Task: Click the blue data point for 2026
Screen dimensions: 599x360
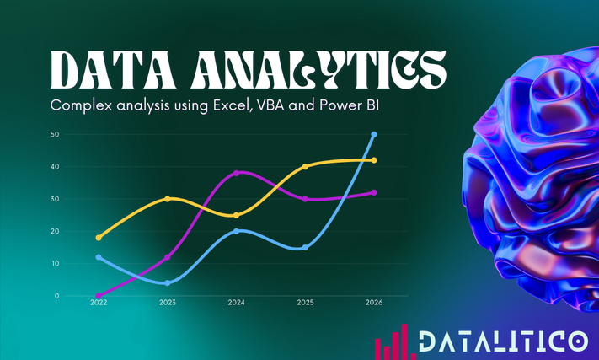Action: (374, 135)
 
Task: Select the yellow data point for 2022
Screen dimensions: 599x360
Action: (99, 238)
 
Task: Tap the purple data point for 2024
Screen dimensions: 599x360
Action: (236, 173)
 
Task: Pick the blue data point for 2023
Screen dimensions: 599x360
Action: (168, 282)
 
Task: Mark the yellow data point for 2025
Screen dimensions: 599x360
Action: (305, 167)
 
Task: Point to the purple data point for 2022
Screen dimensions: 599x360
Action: (99, 296)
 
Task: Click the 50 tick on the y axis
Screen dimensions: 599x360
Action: (55, 135)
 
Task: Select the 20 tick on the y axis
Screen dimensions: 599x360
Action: (55, 231)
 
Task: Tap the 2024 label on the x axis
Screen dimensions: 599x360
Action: (236, 303)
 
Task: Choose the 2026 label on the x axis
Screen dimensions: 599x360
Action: (374, 303)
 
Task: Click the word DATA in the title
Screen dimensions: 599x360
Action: (113, 71)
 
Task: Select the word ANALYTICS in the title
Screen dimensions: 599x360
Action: (319, 71)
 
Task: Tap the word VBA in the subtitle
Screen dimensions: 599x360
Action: (270, 105)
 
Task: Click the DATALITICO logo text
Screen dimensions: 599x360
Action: (504, 341)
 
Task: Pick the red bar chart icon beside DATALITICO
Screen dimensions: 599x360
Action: (395, 342)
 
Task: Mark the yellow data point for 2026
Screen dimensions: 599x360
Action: (374, 160)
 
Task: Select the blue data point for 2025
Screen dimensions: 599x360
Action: (305, 248)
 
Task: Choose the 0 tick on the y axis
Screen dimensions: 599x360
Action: (57, 296)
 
